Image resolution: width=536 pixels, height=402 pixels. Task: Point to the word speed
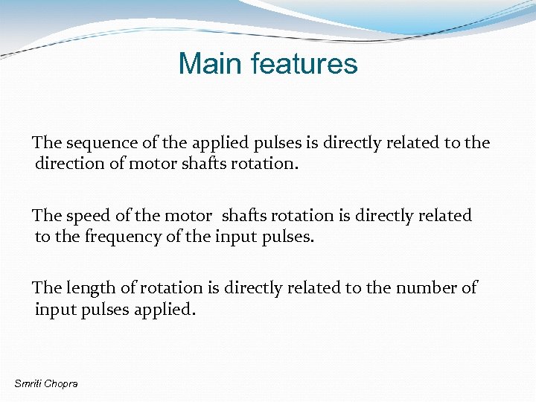point(89,216)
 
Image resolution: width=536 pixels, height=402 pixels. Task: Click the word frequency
point(139,237)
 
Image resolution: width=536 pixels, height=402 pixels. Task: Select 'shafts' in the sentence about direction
point(206,164)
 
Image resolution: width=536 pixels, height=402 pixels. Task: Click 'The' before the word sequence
point(47,143)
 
